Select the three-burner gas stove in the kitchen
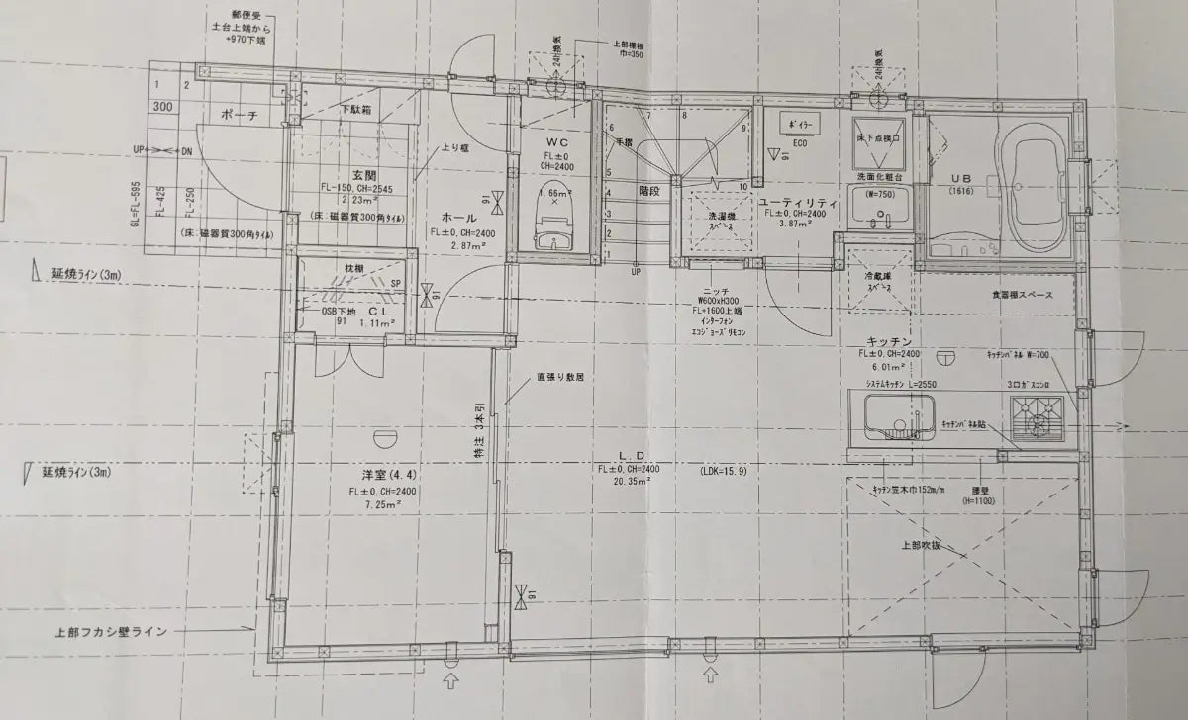(x=1037, y=419)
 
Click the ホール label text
(x=458, y=217)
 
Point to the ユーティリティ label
(x=799, y=202)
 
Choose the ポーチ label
(x=240, y=116)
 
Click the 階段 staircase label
(x=648, y=190)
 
